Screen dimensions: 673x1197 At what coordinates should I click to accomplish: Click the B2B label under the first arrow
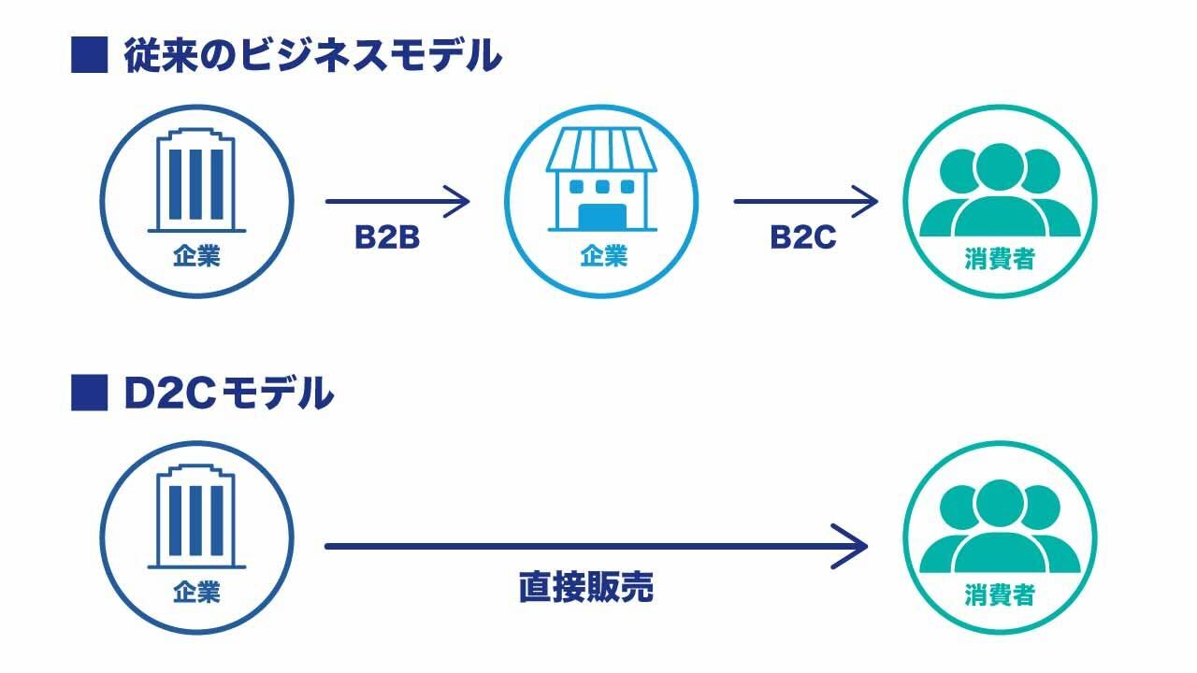[386, 239]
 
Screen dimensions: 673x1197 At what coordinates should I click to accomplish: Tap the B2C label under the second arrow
[802, 239]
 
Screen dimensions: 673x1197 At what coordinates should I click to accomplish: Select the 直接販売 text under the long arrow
[585, 588]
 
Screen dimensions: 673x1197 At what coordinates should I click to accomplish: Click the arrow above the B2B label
[397, 201]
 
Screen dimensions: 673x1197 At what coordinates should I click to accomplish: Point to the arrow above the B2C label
[805, 201]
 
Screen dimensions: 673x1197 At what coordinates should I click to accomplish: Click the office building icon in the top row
[196, 181]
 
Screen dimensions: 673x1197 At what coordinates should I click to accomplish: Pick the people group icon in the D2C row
[999, 528]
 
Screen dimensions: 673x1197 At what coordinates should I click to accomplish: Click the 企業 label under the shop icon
[602, 256]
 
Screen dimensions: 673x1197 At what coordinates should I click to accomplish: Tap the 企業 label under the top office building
[196, 256]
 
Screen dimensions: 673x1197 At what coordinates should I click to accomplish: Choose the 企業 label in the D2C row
[196, 592]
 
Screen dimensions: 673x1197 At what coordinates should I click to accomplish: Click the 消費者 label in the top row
[999, 259]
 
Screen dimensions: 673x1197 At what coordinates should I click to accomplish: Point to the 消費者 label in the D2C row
[999, 594]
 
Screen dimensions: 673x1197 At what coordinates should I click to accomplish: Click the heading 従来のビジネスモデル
[312, 57]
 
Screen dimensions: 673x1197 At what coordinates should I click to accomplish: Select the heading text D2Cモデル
[228, 394]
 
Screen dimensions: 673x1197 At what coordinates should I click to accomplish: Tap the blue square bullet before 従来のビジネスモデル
[90, 56]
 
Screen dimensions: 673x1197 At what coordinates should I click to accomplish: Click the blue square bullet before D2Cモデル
[90, 394]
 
